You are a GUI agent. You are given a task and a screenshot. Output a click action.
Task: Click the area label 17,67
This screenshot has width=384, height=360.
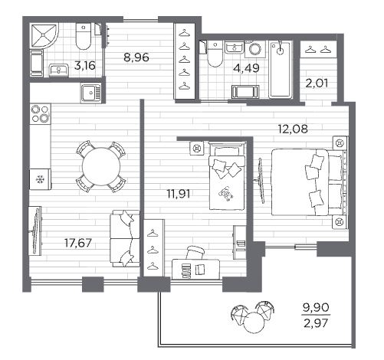tap(78, 243)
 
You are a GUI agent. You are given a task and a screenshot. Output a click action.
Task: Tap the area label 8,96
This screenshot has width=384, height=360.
tap(136, 57)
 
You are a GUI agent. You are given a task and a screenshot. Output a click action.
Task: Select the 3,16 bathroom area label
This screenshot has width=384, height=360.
tap(85, 66)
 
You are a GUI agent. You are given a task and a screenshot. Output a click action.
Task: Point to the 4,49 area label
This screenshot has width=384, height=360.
tap(247, 68)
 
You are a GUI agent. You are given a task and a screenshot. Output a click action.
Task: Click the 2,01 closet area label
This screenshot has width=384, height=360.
tap(317, 83)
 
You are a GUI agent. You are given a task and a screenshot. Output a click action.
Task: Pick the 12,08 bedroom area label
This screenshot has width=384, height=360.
tap(293, 129)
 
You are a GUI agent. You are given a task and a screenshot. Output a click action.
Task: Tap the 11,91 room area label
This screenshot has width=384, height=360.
tap(179, 194)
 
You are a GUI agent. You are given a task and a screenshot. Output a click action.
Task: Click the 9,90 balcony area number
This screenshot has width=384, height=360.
tap(316, 307)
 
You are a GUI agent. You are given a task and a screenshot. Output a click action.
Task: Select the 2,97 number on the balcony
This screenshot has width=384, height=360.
tap(316, 323)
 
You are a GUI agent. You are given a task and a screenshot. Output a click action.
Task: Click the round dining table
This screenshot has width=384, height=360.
tap(101, 166)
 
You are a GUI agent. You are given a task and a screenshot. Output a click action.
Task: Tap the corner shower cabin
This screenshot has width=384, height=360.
tap(44, 36)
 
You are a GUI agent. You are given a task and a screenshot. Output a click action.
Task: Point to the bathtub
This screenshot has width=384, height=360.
tap(281, 70)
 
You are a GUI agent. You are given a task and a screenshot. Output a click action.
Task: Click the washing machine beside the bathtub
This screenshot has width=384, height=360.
tap(255, 49)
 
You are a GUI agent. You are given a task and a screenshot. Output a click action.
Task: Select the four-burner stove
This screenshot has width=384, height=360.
tap(41, 114)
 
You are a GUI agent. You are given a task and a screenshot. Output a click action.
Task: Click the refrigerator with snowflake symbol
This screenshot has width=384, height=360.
tap(40, 179)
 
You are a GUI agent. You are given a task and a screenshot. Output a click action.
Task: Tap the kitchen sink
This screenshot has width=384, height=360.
tap(91, 93)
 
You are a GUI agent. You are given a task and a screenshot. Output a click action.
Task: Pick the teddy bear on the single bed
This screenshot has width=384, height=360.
tap(225, 194)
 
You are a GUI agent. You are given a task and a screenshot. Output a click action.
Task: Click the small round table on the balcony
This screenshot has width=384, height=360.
tap(254, 322)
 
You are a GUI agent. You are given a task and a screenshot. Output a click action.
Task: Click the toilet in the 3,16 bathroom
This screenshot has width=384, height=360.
tap(84, 37)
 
